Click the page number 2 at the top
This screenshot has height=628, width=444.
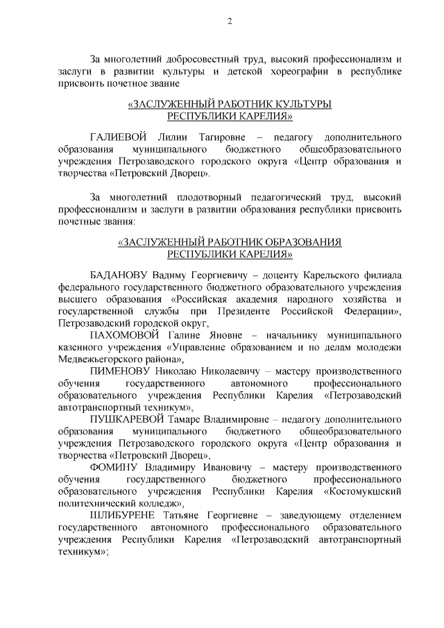click(230, 22)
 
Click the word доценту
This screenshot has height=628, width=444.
click(285, 273)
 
